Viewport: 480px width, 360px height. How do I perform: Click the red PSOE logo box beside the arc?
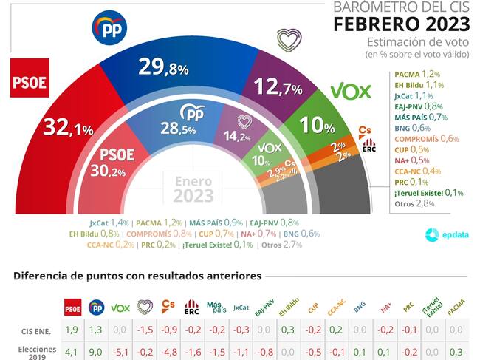30,78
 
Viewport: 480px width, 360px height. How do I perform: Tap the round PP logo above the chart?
109,28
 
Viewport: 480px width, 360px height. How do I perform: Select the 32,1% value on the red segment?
67,128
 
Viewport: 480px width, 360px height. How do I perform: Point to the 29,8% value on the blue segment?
163,68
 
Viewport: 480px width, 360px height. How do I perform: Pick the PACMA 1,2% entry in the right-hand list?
418,75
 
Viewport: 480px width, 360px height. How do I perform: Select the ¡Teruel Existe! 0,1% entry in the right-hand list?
428,193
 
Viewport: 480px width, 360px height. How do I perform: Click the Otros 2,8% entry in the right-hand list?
414,203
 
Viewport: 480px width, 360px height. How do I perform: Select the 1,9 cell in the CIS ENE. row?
72,330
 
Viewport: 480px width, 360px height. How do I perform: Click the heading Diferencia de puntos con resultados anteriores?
137,276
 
